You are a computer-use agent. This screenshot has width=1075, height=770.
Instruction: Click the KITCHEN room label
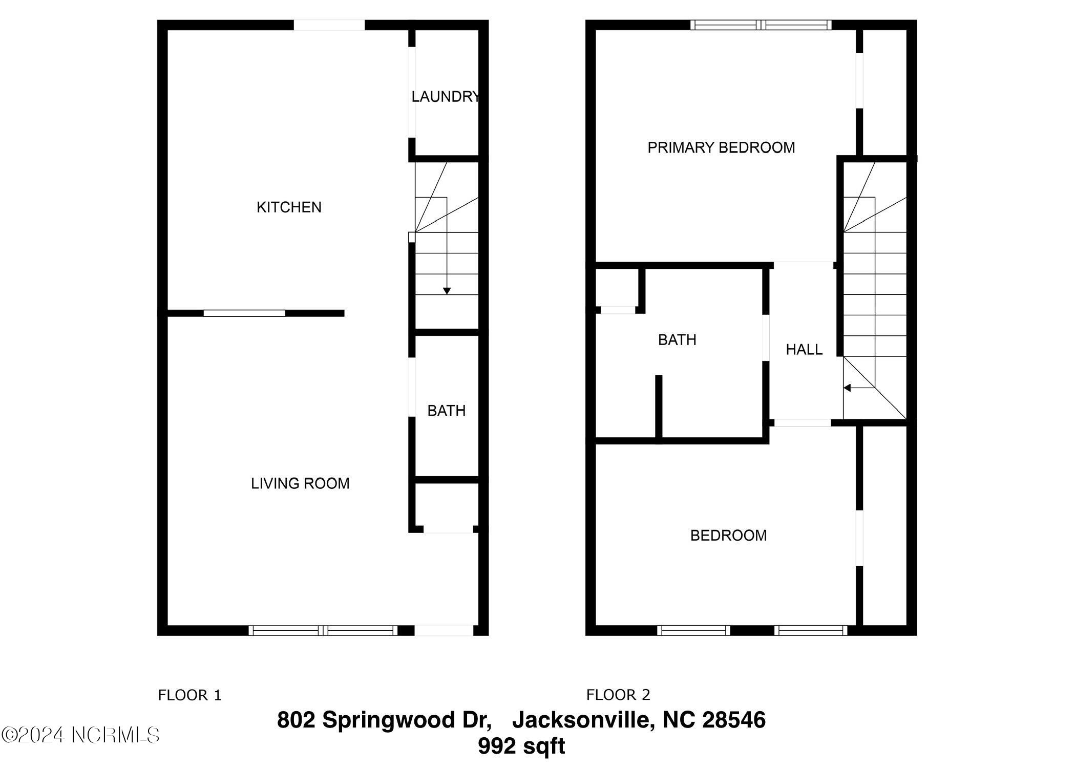click(x=289, y=207)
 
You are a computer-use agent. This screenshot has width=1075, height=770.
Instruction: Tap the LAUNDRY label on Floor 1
click(x=446, y=97)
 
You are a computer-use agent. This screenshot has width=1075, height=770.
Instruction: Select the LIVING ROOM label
click(x=300, y=483)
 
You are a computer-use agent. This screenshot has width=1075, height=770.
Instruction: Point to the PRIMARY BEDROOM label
click(x=721, y=148)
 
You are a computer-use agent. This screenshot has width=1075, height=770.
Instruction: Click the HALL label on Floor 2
click(x=804, y=350)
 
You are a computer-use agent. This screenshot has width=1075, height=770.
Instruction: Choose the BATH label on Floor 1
click(x=447, y=411)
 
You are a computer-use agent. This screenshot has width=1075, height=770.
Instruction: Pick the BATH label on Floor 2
click(x=677, y=340)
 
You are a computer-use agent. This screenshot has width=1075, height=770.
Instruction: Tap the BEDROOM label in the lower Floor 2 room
click(x=728, y=536)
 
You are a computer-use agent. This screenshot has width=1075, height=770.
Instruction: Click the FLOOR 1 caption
click(x=189, y=695)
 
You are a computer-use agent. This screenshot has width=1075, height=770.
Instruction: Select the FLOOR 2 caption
click(x=618, y=695)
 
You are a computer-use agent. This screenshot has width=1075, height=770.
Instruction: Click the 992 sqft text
click(x=521, y=746)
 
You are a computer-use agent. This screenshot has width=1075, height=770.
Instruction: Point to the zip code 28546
click(x=734, y=720)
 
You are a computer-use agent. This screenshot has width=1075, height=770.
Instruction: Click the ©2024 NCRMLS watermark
click(x=80, y=735)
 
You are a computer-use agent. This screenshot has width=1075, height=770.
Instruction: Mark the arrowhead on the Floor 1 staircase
click(x=447, y=291)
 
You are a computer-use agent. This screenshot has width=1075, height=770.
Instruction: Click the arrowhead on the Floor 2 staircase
click(x=847, y=388)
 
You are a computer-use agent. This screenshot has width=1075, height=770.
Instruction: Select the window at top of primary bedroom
click(x=761, y=25)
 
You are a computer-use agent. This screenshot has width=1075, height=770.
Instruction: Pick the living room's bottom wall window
click(x=323, y=630)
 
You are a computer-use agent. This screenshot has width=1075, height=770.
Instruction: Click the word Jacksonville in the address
click(x=583, y=720)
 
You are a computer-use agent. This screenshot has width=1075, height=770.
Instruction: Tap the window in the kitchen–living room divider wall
click(x=244, y=313)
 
